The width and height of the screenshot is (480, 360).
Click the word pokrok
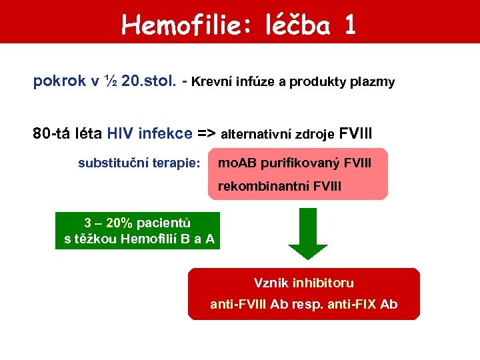pyautogui.click(x=59, y=82)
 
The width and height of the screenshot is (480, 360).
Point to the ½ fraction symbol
pyautogui.click(x=112, y=81)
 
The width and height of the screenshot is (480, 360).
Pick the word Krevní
pyautogui.click(x=213, y=82)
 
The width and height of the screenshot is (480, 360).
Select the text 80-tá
pyautogui.click(x=49, y=133)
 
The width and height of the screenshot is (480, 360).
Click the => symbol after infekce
pyautogui.click(x=207, y=133)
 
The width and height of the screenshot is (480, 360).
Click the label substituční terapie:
pyautogui.click(x=139, y=163)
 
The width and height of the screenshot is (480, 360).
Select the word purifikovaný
pyautogui.click(x=301, y=163)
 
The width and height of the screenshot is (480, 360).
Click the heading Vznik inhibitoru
pyautogui.click(x=304, y=283)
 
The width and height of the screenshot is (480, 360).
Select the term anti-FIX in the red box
pyautogui.click(x=351, y=305)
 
